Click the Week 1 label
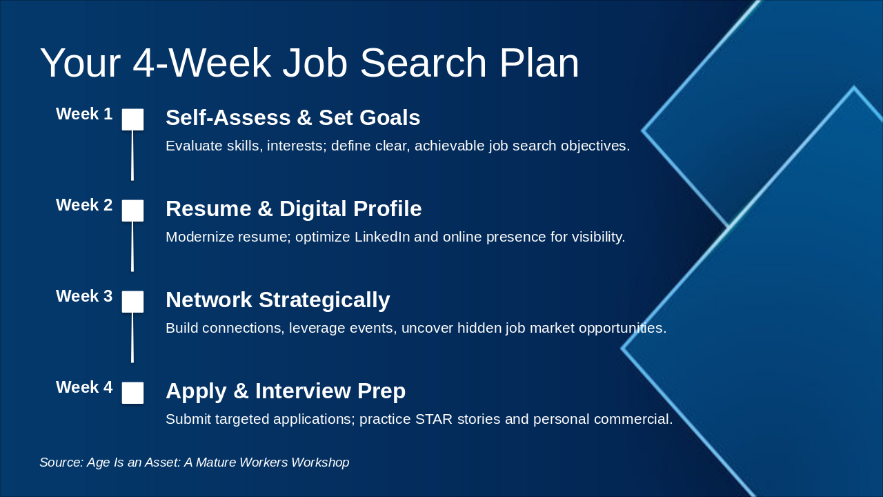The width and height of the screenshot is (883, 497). [83, 114]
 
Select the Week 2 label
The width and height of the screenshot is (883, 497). [83, 205]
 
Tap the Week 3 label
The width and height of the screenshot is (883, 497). [83, 296]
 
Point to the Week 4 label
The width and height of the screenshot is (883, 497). [83, 387]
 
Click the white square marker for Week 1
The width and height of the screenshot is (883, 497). [132, 119]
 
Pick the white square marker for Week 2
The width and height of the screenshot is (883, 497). [132, 211]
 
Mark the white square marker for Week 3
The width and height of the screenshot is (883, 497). [132, 302]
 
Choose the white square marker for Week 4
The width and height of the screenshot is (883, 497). [132, 393]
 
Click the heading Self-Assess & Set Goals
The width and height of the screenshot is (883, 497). [292, 118]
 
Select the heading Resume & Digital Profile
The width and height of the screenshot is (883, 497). [293, 209]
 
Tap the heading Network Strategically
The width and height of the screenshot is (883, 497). [277, 300]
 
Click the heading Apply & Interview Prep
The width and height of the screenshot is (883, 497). [285, 391]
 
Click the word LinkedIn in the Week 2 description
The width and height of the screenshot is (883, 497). [382, 237]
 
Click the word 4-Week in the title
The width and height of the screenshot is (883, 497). [201, 63]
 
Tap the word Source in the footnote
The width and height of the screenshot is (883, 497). [60, 462]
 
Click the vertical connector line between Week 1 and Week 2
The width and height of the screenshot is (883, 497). [132, 155]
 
